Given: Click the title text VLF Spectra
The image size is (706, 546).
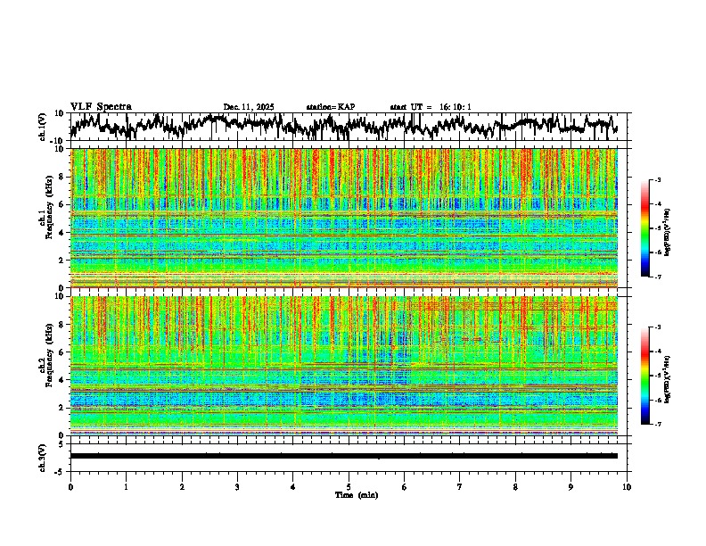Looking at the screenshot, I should (101, 106).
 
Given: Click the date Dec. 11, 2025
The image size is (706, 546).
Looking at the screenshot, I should (249, 107).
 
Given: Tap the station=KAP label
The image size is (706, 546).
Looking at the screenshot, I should (331, 107).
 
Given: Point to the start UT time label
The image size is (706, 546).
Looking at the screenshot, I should (431, 107).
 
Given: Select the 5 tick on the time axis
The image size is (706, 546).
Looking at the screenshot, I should (349, 486).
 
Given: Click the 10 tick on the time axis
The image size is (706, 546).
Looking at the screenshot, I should (628, 486).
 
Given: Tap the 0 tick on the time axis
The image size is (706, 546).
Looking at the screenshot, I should (70, 486).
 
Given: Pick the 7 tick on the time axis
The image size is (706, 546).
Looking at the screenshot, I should (461, 486).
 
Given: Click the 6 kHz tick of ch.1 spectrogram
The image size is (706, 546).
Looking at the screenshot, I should (62, 204).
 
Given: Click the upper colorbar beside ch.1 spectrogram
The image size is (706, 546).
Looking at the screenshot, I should (645, 228).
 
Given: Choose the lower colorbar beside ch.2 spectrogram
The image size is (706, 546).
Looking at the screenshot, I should (645, 376).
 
